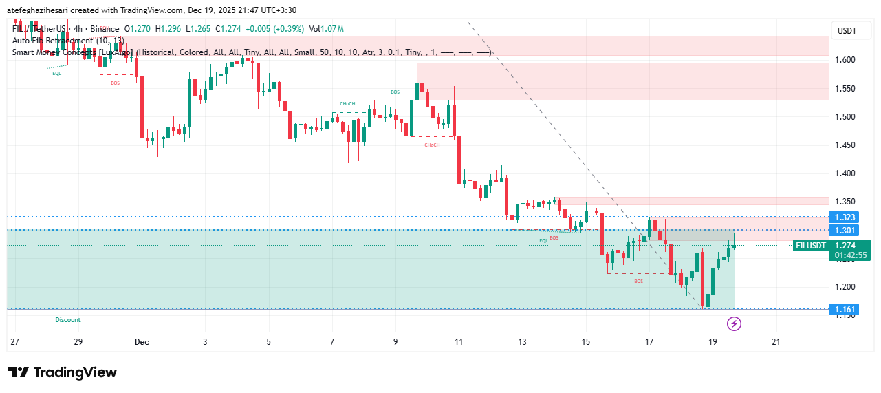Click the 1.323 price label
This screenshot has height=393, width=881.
(x=845, y=217)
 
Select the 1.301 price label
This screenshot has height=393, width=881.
(x=845, y=230)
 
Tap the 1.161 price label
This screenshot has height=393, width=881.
(x=845, y=310)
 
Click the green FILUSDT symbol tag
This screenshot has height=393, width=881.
(x=809, y=245)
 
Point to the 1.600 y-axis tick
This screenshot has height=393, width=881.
(x=845, y=60)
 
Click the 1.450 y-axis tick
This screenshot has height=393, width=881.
(x=845, y=145)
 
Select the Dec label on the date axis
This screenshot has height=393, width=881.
(x=142, y=341)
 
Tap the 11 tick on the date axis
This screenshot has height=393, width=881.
(x=459, y=341)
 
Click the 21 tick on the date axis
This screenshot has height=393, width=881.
(x=776, y=341)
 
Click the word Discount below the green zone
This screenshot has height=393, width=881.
(x=68, y=320)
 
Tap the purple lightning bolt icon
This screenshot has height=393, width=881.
(x=734, y=323)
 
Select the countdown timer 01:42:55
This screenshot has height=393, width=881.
(x=851, y=255)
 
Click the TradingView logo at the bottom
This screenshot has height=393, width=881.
(x=63, y=372)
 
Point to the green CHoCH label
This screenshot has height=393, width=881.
(x=347, y=104)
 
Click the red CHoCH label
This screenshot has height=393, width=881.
(x=432, y=145)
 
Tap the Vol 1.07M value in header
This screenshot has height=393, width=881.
(x=326, y=29)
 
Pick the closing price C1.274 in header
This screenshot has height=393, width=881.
(x=228, y=29)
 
